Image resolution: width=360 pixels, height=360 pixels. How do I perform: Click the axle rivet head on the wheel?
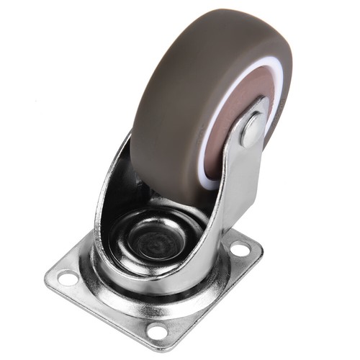click(252, 130)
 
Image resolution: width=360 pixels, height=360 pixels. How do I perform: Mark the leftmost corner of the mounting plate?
click(46, 274)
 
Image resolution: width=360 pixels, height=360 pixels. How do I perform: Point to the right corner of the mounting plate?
click(261, 248)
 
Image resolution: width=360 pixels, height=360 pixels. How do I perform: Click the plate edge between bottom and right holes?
click(209, 295)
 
